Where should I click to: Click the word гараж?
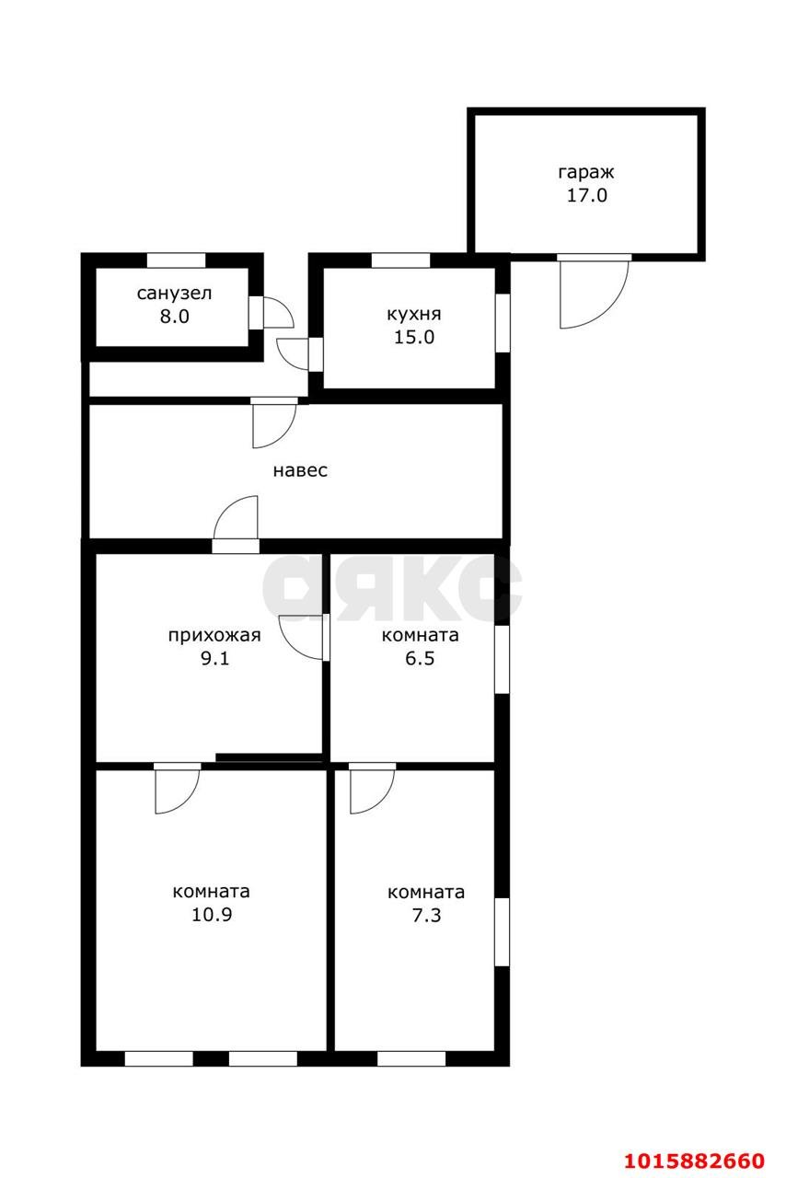click(x=585, y=173)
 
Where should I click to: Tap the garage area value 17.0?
click(x=586, y=196)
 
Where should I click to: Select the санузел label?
click(x=174, y=293)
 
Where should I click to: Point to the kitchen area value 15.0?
click(x=414, y=337)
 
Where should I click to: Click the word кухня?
click(x=414, y=315)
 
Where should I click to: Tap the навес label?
click(x=300, y=470)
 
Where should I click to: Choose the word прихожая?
click(x=214, y=635)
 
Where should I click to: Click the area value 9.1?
click(x=214, y=658)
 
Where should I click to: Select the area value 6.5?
click(x=420, y=658)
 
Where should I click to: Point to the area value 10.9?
click(x=212, y=915)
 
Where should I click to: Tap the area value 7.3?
click(x=426, y=915)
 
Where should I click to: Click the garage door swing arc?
click(x=610, y=309)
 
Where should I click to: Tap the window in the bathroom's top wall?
click(x=176, y=260)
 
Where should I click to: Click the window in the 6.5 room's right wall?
click(x=503, y=659)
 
